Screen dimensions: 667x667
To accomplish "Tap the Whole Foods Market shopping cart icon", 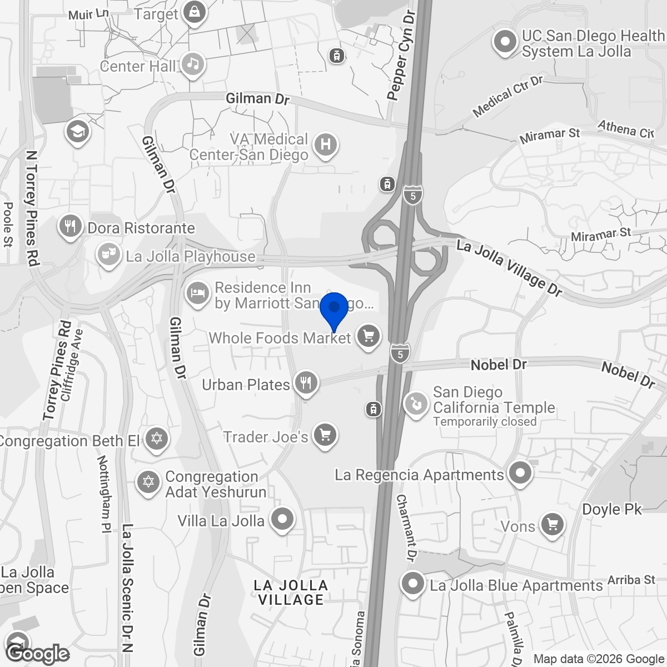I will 367,336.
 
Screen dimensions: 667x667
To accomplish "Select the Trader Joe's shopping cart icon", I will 325,436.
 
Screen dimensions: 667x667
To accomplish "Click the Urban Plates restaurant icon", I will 305,383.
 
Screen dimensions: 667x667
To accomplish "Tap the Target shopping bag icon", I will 195,12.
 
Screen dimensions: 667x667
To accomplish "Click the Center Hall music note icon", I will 192,65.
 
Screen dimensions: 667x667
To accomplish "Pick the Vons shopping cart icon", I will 552,525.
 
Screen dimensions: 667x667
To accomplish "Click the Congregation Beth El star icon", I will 156,440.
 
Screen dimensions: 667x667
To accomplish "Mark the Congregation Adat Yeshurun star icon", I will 148,481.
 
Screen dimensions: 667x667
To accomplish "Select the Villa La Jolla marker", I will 282,520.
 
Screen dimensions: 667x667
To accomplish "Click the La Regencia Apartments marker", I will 520,474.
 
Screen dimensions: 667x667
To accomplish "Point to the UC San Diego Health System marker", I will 505,42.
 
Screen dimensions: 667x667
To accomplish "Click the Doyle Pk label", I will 612,509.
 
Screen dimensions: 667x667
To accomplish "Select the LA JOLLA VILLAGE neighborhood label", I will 291,593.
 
